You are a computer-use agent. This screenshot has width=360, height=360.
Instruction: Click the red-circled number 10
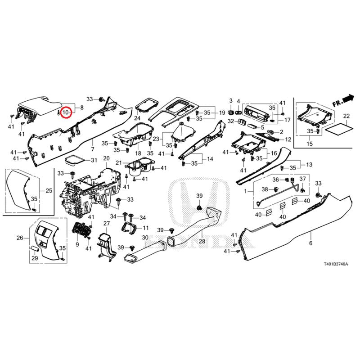(x=66, y=111)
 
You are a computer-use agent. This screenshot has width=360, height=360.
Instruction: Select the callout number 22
(x=346, y=116)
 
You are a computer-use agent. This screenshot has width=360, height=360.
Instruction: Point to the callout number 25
(x=49, y=191)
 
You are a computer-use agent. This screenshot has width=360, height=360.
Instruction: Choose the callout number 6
(x=310, y=243)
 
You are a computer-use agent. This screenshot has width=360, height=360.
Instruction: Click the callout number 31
(x=94, y=161)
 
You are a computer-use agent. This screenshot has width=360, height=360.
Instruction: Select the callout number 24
(x=137, y=118)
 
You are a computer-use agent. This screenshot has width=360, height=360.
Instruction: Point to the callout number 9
(x=77, y=244)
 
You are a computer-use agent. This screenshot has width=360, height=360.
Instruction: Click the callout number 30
(x=145, y=238)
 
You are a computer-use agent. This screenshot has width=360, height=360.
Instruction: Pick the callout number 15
(x=309, y=144)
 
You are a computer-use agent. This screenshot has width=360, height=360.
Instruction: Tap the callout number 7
(x=92, y=149)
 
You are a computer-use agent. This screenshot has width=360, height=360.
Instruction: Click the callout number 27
(x=106, y=224)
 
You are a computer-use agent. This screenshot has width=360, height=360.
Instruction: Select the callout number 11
(x=145, y=228)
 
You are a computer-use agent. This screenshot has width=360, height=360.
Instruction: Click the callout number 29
(x=33, y=258)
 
